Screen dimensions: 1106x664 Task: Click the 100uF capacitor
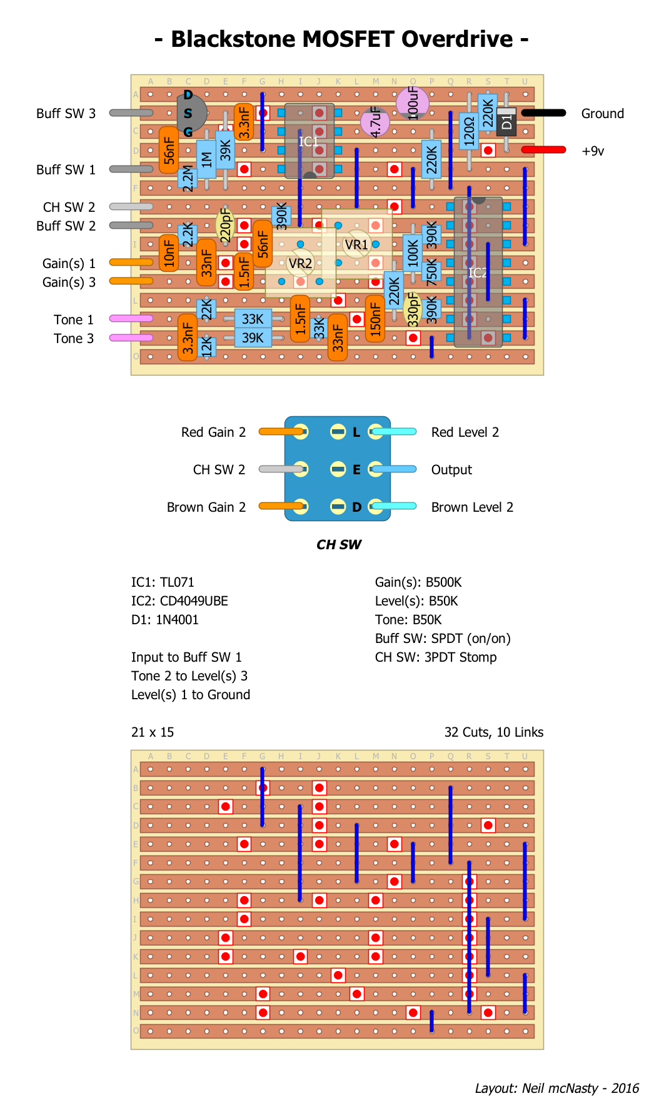click(x=413, y=102)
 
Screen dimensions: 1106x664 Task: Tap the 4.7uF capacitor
click(x=375, y=121)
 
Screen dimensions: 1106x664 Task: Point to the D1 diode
click(x=506, y=121)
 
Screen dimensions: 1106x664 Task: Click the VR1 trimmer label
click(x=357, y=244)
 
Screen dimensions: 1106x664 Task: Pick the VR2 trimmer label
click(x=301, y=263)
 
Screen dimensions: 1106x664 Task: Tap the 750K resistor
click(x=431, y=272)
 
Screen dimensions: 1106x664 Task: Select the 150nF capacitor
click(x=375, y=319)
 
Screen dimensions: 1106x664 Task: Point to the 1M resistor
click(x=206, y=159)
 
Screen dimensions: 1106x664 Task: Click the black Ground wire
click(x=543, y=113)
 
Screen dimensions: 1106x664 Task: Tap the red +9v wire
click(x=543, y=150)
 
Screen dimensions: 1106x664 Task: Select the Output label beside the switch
click(x=451, y=470)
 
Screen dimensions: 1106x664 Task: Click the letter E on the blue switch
click(x=356, y=470)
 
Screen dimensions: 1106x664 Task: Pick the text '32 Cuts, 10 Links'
click(x=493, y=732)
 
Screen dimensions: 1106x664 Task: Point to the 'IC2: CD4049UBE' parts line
click(x=179, y=601)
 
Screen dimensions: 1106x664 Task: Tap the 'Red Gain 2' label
click(x=213, y=432)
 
